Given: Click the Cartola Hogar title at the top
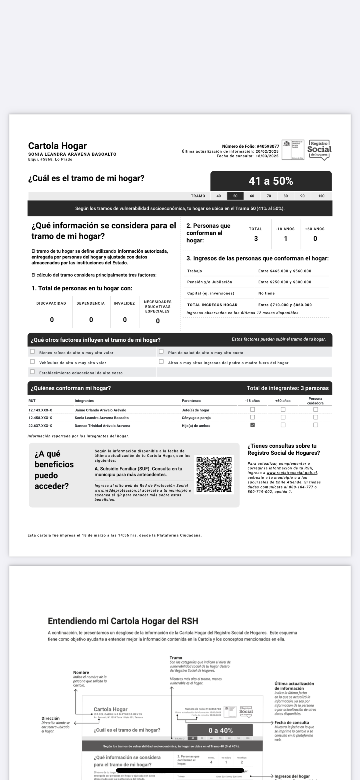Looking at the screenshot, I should click(57, 146).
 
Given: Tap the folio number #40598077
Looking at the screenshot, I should click(268, 146).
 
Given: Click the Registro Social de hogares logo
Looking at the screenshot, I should click(319, 150).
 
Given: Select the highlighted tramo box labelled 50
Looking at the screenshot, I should click(235, 196).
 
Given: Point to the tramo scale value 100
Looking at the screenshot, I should click(321, 196).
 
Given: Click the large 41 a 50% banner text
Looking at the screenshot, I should click(271, 181).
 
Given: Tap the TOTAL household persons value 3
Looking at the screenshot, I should click(256, 239).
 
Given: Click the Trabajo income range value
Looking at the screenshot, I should click(285, 271).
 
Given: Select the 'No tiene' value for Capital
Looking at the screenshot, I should click(266, 293).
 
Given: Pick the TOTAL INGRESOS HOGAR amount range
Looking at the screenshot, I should click(285, 305).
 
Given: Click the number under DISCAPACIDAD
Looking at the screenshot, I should click(52, 320).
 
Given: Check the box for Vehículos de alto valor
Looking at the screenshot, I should click(32, 362).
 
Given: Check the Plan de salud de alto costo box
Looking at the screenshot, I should click(161, 352).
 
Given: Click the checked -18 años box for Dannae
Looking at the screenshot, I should click(253, 425).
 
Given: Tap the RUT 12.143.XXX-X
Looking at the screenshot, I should click(40, 410).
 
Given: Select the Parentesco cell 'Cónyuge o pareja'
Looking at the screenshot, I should click(196, 418).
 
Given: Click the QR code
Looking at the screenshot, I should click(214, 474).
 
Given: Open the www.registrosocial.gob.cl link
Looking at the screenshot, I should click(292, 473).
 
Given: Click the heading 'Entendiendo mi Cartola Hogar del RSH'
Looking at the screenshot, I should click(123, 621).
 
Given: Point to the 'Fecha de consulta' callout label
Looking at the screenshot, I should click(292, 723).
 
